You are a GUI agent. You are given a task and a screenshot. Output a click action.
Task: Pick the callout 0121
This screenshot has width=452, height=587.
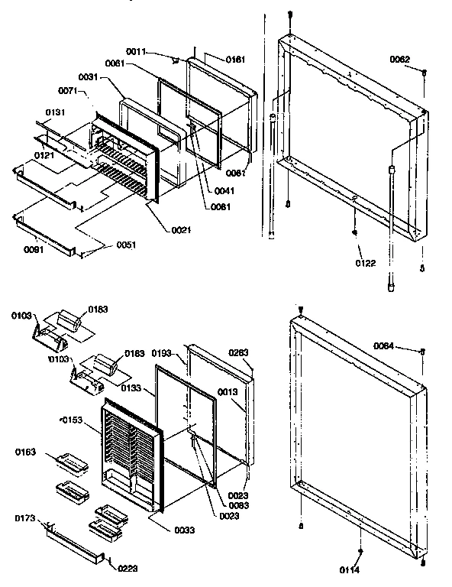pyautogui.click(x=44, y=156)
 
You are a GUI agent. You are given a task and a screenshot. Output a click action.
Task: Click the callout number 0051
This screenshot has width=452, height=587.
pyautogui.click(x=128, y=245)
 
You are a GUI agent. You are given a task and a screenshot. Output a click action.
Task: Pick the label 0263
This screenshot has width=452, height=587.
pyautogui.click(x=240, y=353)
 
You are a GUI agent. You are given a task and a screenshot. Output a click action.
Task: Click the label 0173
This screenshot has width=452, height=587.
pyautogui.click(x=24, y=519)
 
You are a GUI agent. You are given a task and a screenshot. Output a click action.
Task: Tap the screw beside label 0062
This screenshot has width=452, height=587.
pyautogui.click(x=424, y=72)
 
